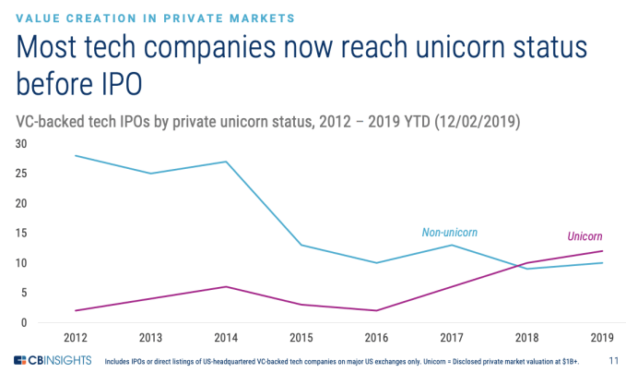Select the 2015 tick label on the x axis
pyautogui.click(x=301, y=337)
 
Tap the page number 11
pyautogui.click(x=613, y=360)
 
